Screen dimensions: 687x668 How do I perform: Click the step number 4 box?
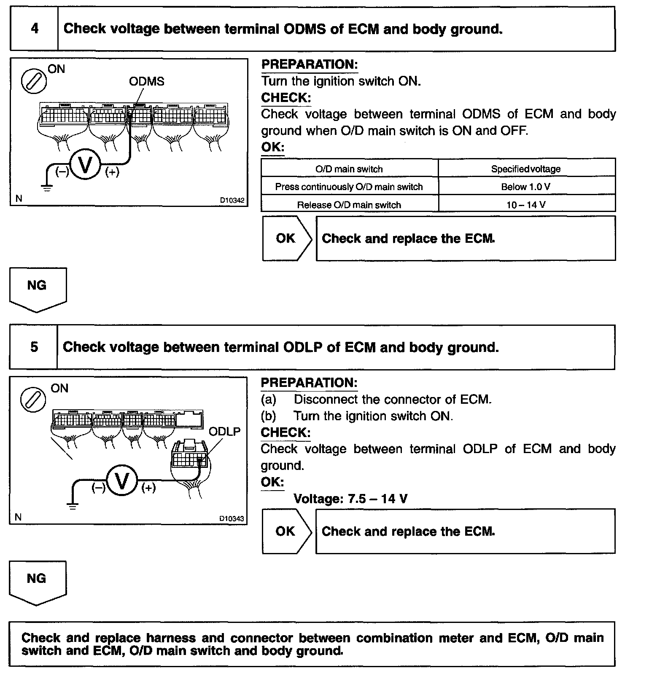34,29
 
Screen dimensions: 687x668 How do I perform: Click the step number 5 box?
34,347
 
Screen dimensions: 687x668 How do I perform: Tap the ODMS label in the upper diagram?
146,81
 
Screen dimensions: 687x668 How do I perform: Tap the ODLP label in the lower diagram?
224,431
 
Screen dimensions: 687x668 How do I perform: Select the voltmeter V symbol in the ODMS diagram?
85,165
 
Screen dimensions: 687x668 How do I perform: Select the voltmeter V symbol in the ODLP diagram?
122,481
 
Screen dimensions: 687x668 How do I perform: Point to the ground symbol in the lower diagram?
73,506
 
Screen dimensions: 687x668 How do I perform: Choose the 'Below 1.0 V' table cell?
526,187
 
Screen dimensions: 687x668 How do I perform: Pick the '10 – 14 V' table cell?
526,205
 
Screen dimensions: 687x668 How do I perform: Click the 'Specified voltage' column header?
526,169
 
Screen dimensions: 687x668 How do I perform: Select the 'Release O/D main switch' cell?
349,205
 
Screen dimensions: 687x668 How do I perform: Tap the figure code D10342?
232,200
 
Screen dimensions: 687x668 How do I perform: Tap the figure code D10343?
232,519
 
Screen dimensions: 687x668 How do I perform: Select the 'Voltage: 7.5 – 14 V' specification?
350,499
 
